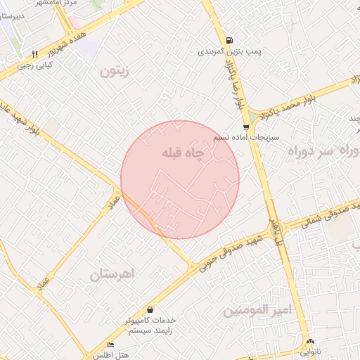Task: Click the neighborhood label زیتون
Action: point(116,71)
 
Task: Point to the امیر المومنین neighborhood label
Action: point(256,309)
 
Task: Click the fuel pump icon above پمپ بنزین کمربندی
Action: point(230,40)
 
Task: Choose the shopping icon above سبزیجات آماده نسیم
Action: point(245,127)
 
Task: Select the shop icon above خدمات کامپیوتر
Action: point(150,309)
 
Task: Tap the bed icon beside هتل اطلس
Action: point(110,345)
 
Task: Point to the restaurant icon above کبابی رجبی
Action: point(34,54)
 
